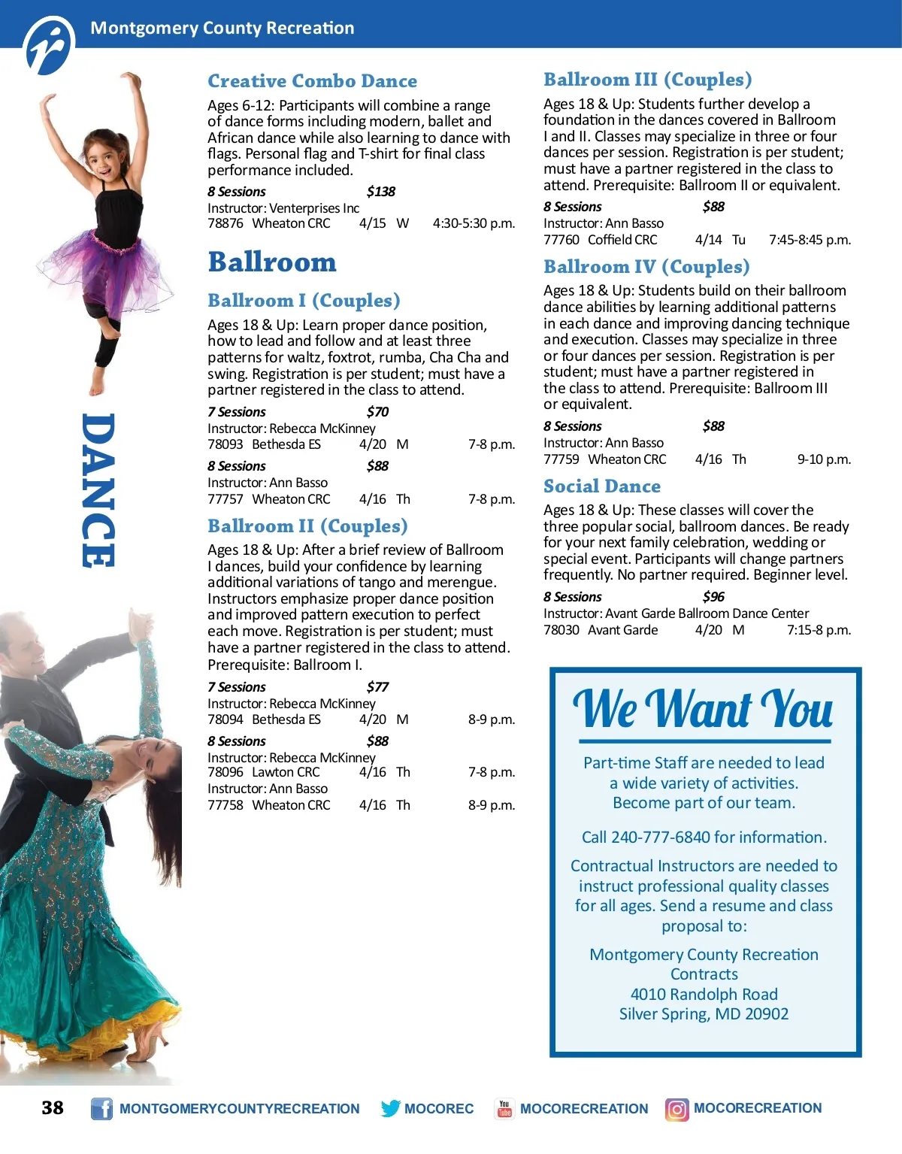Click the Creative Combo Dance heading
pyautogui.click(x=312, y=81)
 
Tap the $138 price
pyautogui.click(x=380, y=192)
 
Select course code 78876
pyautogui.click(x=225, y=223)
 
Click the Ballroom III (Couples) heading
pyautogui.click(x=647, y=80)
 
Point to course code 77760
pyautogui.click(x=561, y=240)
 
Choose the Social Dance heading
pyautogui.click(x=601, y=486)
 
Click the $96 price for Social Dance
pyautogui.click(x=713, y=597)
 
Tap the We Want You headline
pyautogui.click(x=703, y=710)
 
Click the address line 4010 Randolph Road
pyautogui.click(x=704, y=995)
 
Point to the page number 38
pyautogui.click(x=53, y=1108)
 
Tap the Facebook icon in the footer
pyautogui.click(x=101, y=1109)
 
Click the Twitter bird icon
pyautogui.click(x=390, y=1109)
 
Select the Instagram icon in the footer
pyautogui.click(x=676, y=1109)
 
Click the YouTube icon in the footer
pyautogui.click(x=504, y=1109)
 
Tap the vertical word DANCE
pyautogui.click(x=98, y=490)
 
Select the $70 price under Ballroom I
pyautogui.click(x=377, y=412)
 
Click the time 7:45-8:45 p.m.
pyautogui.click(x=810, y=240)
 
